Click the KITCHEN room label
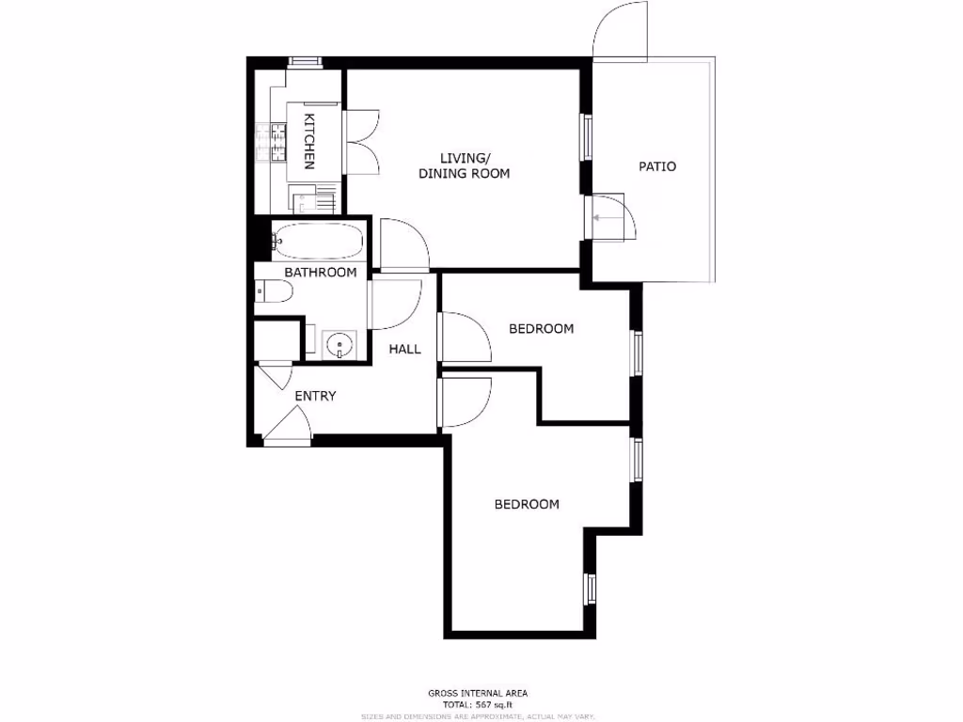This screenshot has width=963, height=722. point(308,141)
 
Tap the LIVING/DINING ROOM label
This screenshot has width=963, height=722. point(464,165)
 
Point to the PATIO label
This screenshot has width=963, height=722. point(657,166)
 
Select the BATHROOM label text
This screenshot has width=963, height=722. point(321,273)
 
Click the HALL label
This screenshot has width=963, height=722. point(405,349)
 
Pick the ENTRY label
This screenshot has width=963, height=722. point(315,396)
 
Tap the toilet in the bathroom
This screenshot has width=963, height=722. point(274,292)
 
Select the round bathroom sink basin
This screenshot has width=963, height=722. point(337,345)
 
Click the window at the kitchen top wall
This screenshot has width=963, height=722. point(305,62)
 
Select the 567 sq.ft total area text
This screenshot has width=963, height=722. point(479,705)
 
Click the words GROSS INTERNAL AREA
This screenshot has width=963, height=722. point(478,694)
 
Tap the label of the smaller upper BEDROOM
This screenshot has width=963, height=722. point(541,329)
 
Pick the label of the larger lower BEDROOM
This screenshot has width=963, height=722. point(527,504)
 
